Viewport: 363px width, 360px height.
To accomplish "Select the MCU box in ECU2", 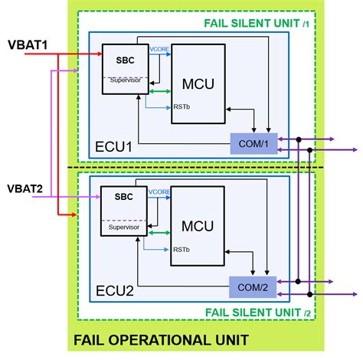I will pyautogui.click(x=197, y=228).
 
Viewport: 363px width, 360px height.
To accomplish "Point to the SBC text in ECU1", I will pyautogui.click(x=124, y=60).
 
